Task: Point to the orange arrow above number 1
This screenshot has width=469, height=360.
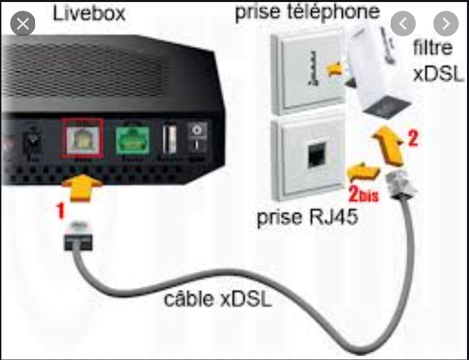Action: [x=82, y=181]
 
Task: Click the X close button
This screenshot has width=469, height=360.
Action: [x=24, y=25]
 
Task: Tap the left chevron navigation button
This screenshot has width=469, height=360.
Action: [x=404, y=24]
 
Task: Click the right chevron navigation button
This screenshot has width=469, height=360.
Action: [x=445, y=24]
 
